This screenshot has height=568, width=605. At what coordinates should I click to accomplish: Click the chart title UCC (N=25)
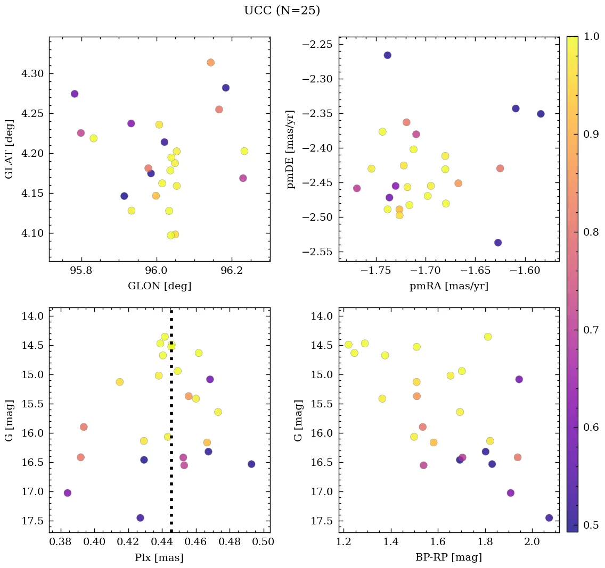pos(282,11)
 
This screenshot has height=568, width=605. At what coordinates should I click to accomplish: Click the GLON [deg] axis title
pos(159,286)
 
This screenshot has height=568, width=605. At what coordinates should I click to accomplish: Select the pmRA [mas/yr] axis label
pos(448,286)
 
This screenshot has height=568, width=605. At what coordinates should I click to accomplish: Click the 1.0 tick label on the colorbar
pos(591,36)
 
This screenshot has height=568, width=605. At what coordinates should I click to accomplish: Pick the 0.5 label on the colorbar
pos(591,525)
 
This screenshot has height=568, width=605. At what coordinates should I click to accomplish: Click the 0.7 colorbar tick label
pos(591,330)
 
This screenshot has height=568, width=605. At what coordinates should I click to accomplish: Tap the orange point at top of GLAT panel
pos(210,62)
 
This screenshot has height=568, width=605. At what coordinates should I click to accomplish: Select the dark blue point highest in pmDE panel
pos(387,55)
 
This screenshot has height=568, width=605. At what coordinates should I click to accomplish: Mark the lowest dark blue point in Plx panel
pos(140,517)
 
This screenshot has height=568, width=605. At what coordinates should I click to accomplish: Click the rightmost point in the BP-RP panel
pos(549,517)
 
